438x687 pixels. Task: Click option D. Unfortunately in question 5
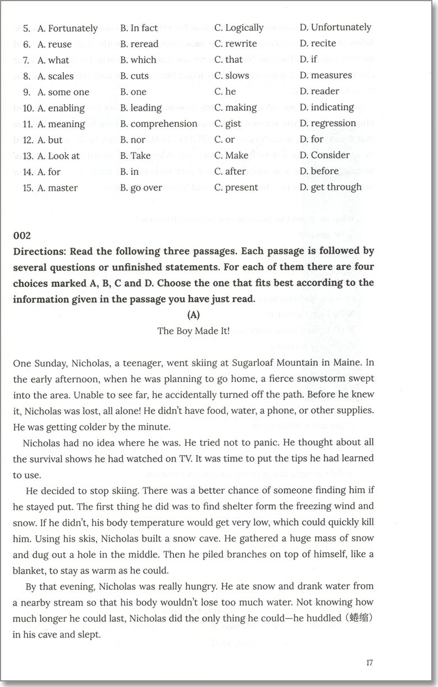coord(335,27)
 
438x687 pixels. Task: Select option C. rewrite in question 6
coord(235,43)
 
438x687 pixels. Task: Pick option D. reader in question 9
coord(319,91)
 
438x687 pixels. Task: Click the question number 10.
coord(29,108)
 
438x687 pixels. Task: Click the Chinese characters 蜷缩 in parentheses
coord(357,620)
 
